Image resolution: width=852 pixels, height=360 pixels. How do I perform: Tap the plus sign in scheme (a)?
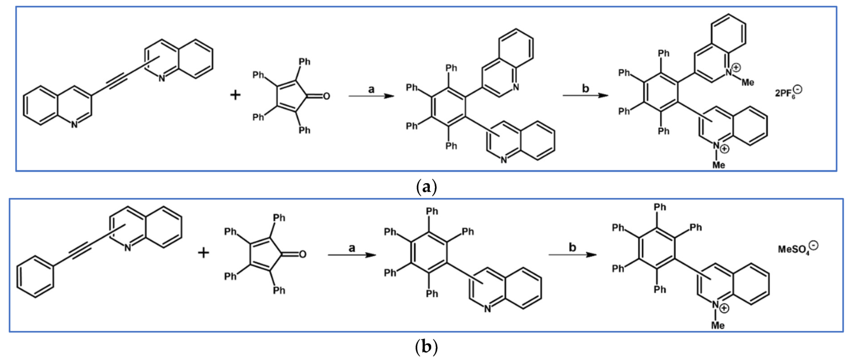pos(235,95)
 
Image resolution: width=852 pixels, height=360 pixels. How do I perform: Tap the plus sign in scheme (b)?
pos(203,253)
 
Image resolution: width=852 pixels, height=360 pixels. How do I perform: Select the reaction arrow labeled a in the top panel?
pos(371,96)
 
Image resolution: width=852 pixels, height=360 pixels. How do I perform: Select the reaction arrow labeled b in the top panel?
pos(585,96)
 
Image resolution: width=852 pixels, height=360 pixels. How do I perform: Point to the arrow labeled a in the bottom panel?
pos(351,254)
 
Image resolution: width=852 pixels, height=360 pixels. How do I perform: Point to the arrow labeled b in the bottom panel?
pos(572,254)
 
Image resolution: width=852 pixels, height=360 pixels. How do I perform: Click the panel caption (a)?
pos(426,187)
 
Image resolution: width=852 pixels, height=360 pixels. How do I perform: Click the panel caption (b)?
pos(426,347)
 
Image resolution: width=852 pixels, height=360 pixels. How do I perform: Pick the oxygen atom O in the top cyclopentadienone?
pos(326,96)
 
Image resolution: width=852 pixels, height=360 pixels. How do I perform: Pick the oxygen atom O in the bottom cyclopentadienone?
pos(302,254)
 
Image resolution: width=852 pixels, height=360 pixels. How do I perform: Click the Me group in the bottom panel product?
pos(718,326)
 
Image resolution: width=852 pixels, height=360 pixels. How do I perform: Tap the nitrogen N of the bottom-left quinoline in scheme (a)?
pos(74,124)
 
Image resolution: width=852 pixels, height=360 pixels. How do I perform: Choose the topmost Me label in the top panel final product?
pos(748,83)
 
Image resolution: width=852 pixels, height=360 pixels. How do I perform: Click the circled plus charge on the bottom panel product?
pos(724,308)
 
